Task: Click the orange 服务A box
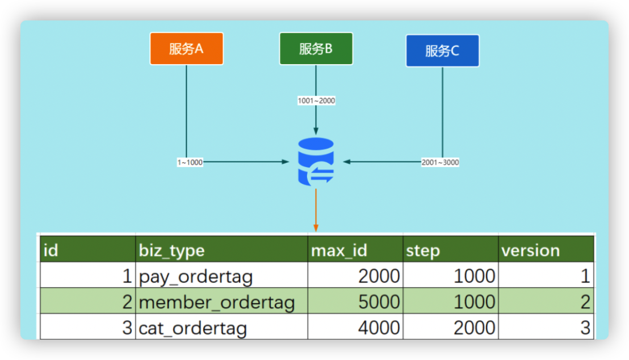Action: (186, 49)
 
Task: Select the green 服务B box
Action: (316, 49)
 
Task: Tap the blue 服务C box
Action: (442, 51)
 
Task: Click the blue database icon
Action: (316, 162)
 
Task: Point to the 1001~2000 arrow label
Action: (316, 101)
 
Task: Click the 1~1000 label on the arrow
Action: (190, 162)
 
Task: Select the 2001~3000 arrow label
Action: (440, 162)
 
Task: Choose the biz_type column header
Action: (221, 250)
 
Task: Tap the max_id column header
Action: (355, 250)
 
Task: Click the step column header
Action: (450, 250)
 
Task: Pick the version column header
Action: (546, 250)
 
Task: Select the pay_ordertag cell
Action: (221, 277)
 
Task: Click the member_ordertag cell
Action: (221, 302)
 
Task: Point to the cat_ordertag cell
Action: (221, 328)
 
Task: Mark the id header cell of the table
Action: (87, 250)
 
